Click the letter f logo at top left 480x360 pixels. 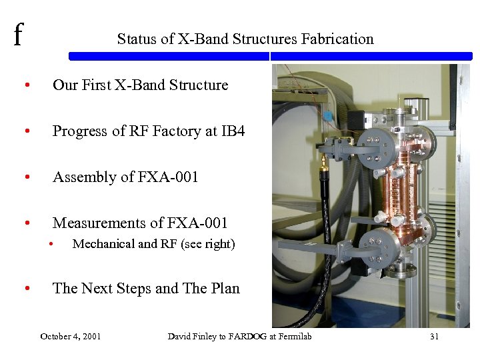(x=18, y=35)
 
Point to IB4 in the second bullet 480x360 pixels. (x=233, y=131)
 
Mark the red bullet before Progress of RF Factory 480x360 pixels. (x=26, y=132)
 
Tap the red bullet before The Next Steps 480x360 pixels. (x=26, y=289)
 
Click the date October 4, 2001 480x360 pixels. (x=71, y=337)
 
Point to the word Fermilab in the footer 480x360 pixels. (x=293, y=337)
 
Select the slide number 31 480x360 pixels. (x=434, y=337)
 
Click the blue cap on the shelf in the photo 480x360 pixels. (x=327, y=115)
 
